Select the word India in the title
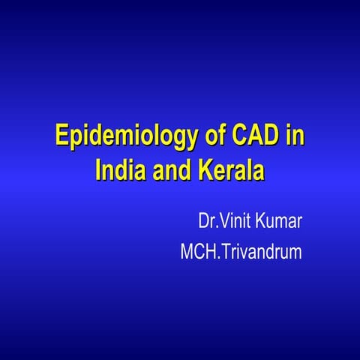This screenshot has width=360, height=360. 118,169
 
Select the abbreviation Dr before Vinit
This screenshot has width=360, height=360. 206,222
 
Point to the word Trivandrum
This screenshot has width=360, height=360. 261,251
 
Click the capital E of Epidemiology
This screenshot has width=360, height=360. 62,138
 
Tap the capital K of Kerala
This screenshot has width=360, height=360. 205,169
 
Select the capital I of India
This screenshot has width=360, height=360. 98,169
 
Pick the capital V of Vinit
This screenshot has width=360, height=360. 221,222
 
